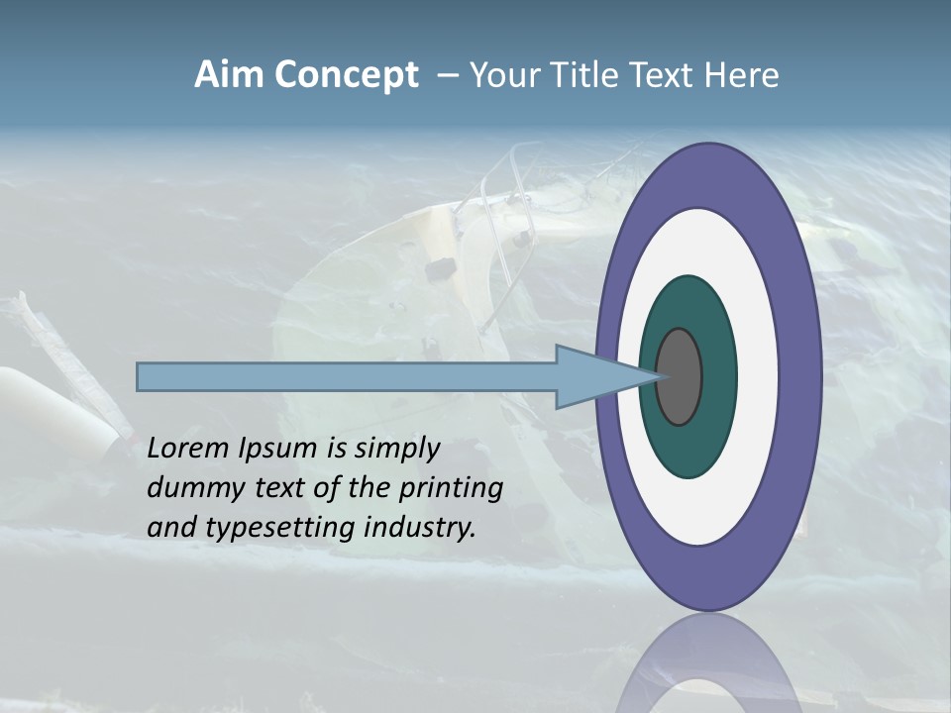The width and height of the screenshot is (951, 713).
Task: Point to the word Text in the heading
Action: click(x=667, y=75)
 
